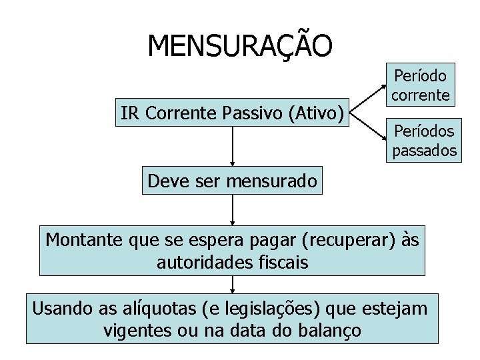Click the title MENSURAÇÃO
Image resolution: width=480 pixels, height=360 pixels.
coord(239,46)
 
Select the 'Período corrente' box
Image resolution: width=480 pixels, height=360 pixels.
coord(420,83)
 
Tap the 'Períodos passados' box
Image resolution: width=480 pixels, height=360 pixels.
coord(424,140)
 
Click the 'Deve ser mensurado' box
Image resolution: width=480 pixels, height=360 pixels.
coord(232,180)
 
